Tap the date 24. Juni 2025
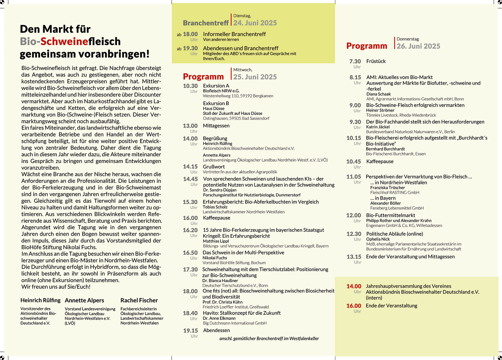click(255, 23)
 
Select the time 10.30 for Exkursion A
click(190, 86)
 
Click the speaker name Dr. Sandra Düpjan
click(220, 190)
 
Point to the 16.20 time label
click(190, 230)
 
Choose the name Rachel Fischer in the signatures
click(139, 300)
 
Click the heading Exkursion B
click(216, 103)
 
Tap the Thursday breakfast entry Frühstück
click(376, 61)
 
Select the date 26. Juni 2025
click(418, 46)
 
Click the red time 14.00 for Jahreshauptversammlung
click(354, 286)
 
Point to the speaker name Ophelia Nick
click(378, 239)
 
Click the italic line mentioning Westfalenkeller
click(269, 338)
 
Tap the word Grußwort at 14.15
click(214, 167)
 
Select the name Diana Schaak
click(378, 94)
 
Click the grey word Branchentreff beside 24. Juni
click(206, 23)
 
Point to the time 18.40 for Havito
click(190, 313)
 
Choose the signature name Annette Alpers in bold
click(84, 300)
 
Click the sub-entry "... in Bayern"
click(382, 198)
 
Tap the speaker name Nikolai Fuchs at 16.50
click(215, 258)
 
